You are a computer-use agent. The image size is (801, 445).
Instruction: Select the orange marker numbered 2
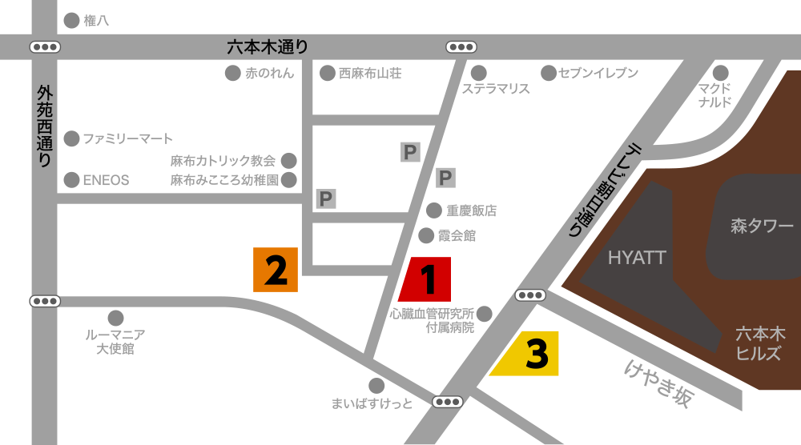click(x=276, y=270)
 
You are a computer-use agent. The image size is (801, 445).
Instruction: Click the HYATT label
click(x=637, y=258)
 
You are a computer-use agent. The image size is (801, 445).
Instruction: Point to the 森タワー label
click(x=762, y=227)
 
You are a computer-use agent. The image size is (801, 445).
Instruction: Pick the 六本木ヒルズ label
click(x=760, y=343)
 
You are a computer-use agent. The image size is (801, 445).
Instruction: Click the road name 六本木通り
click(x=268, y=47)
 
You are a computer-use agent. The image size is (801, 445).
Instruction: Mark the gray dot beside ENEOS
click(x=71, y=179)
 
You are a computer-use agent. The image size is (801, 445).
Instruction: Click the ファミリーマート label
click(x=128, y=138)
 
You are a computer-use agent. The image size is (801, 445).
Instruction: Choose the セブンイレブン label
click(x=598, y=74)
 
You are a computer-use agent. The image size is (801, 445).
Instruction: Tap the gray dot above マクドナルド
click(x=721, y=73)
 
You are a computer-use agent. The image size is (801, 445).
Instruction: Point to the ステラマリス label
click(x=496, y=90)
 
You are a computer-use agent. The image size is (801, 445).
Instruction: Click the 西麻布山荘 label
click(x=369, y=74)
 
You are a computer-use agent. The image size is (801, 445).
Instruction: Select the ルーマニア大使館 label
click(x=115, y=342)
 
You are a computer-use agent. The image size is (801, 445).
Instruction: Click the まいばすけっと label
click(x=372, y=403)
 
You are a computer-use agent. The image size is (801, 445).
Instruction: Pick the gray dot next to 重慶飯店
click(x=433, y=210)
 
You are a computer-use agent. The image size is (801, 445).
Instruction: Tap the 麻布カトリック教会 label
click(x=223, y=161)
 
